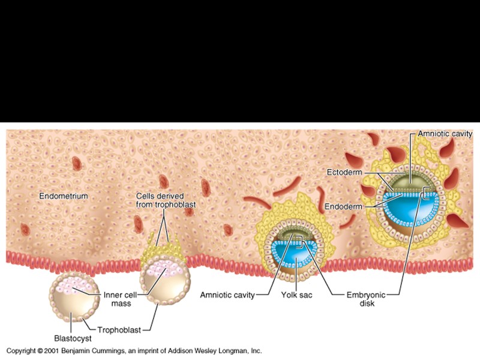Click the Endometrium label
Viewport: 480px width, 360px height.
click(64, 196)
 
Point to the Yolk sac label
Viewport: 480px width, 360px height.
click(295, 295)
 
